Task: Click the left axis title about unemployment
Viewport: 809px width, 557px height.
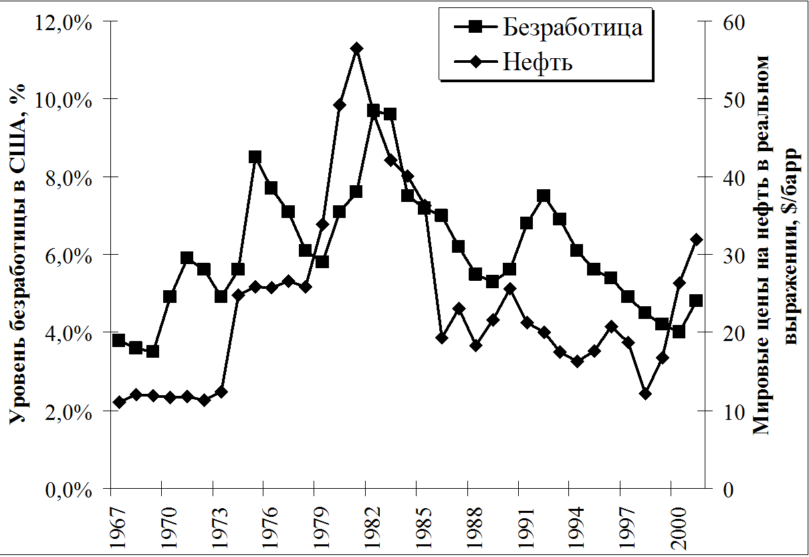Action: click(19, 254)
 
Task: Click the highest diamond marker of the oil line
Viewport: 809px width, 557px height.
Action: click(356, 48)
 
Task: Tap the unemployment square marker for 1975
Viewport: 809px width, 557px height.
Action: click(255, 157)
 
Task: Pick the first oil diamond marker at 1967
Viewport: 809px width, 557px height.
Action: click(119, 402)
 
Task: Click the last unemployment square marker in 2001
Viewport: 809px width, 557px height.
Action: click(696, 301)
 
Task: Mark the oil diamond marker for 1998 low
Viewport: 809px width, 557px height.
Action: click(645, 394)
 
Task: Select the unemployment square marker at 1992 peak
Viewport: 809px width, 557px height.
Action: click(543, 196)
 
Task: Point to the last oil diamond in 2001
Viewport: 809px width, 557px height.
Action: click(696, 239)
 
